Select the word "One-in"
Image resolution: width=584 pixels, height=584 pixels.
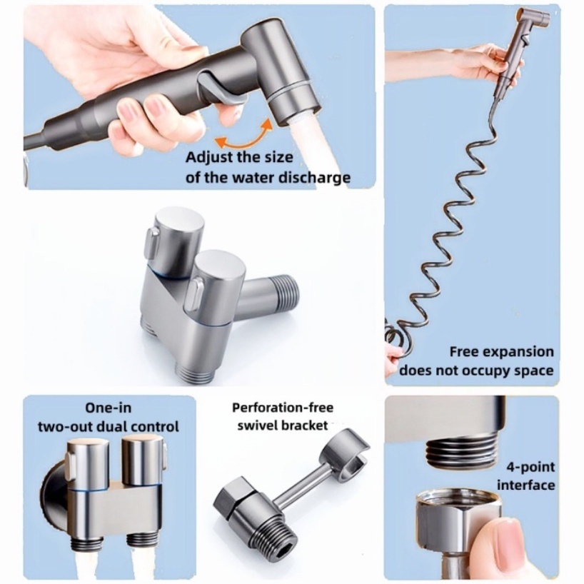[109, 408]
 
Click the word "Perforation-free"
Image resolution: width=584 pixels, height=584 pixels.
[283, 408]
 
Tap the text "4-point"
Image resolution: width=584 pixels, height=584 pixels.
[530, 467]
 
